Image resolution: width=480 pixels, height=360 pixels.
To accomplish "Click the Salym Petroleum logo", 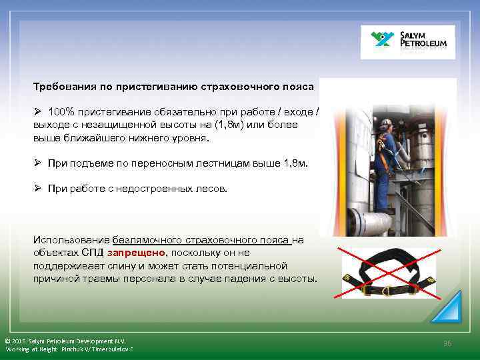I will point(407,42).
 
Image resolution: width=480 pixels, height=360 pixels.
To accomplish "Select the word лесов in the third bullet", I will point(211,189).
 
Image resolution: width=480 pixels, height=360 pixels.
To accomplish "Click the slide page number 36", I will point(447,343).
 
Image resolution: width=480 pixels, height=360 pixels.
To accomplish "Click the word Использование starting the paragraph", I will point(72,239).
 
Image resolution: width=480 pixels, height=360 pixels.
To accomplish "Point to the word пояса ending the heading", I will point(299,87).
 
